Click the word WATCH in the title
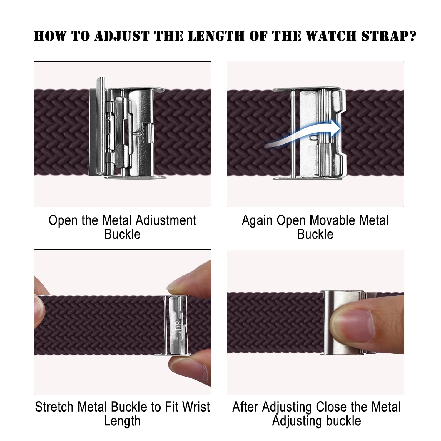point(331,36)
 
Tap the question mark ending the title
point(412,36)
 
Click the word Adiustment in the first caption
point(166,220)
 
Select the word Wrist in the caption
point(196,407)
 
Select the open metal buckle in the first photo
point(127,128)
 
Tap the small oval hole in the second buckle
point(314,137)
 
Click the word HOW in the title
point(50,36)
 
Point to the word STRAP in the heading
point(384,36)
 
